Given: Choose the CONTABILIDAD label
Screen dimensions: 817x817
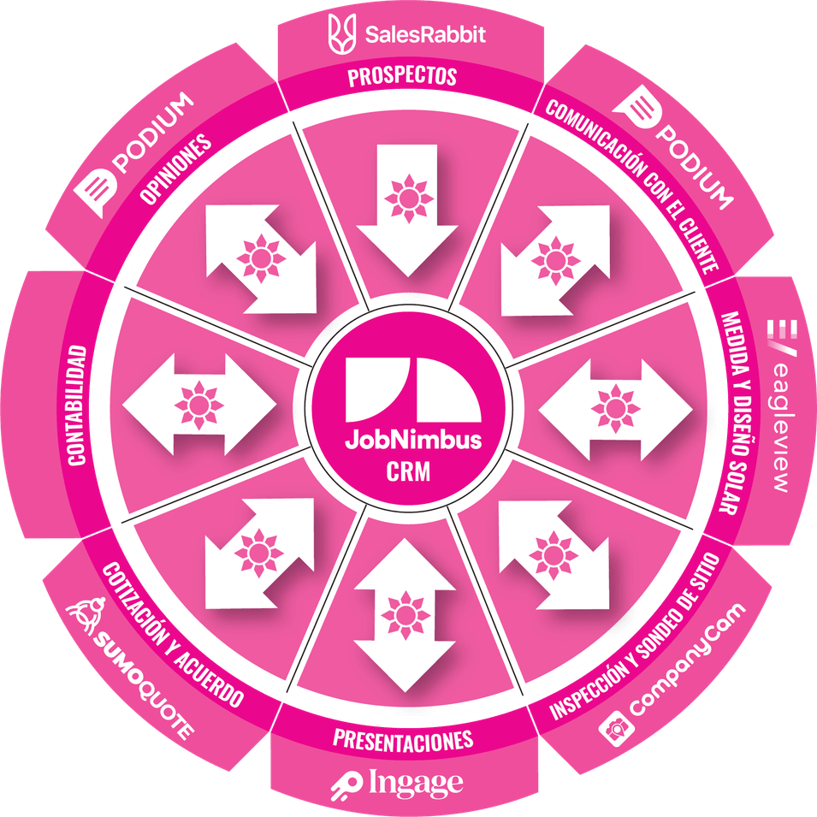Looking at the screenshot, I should point(79,406).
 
